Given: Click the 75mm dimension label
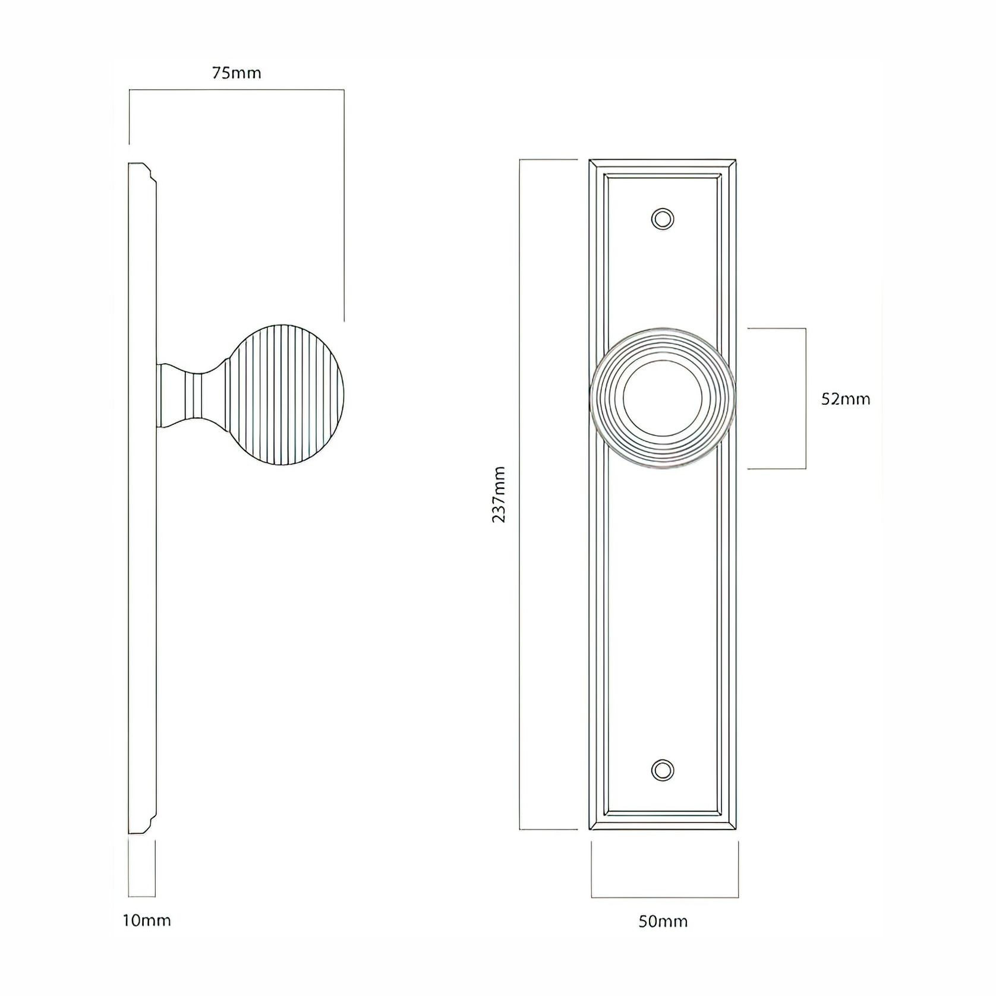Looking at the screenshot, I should (x=237, y=73).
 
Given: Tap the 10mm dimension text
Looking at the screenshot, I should (x=146, y=921).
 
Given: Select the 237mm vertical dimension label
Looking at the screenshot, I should (x=499, y=494).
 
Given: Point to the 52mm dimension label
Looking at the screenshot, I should (x=846, y=399).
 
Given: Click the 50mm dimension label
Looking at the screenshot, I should (x=663, y=922).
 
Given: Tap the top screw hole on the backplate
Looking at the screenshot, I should (x=663, y=218).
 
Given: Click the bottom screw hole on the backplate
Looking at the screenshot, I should (x=663, y=769).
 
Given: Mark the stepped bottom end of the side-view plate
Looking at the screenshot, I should (x=143, y=827).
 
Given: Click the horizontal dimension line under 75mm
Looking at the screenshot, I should (x=237, y=90).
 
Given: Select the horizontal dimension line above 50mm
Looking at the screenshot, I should (x=664, y=897).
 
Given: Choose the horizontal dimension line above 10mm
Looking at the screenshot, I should (x=142, y=896).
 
